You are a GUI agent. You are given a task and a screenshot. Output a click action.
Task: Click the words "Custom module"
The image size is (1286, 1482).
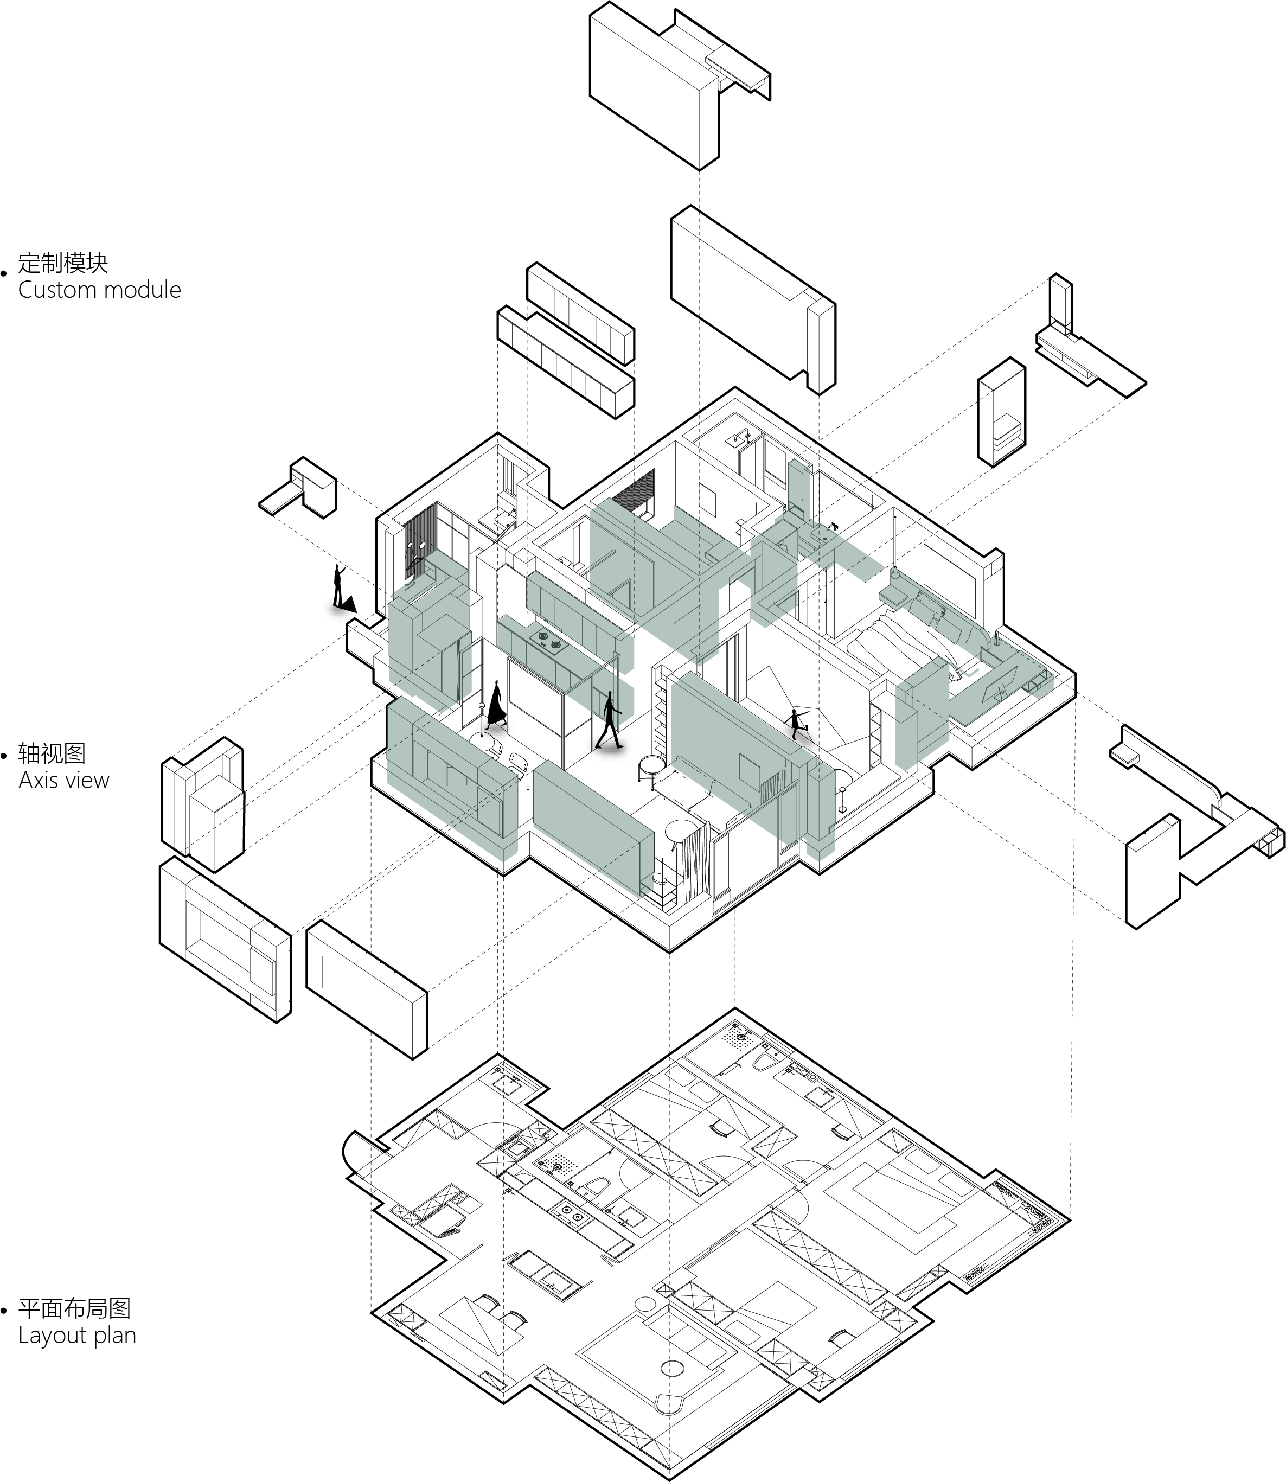100,290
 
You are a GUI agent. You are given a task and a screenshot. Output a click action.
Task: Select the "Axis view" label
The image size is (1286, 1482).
64,780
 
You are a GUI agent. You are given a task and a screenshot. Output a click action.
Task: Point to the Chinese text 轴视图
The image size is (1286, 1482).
52,753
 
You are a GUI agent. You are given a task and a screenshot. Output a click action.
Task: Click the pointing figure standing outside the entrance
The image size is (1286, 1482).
339,586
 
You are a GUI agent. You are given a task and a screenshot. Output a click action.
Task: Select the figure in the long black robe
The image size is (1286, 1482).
495,704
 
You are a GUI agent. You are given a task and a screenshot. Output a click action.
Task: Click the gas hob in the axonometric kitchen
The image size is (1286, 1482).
549,640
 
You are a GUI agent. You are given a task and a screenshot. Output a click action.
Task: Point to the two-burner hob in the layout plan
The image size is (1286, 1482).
570,1215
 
